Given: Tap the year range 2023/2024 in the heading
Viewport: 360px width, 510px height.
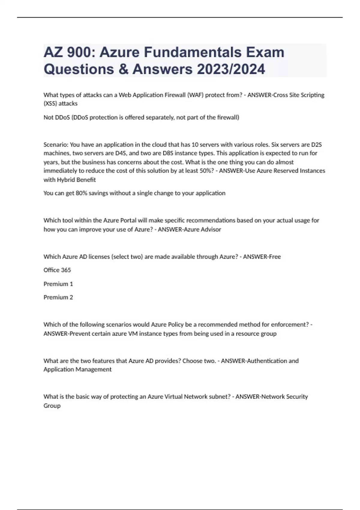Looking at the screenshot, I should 231,69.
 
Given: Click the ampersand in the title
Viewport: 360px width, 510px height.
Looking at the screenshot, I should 122,69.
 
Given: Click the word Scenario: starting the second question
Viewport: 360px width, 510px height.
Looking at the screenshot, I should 56,145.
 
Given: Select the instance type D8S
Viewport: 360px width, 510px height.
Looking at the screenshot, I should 168,153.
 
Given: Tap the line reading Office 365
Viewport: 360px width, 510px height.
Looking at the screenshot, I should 57,270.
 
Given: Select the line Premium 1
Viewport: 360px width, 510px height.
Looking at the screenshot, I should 58,284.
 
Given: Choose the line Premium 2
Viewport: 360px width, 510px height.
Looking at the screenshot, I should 58,297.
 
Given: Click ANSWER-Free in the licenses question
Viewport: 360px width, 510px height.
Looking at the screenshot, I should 262,257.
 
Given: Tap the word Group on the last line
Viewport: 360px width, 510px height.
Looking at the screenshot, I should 52,406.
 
